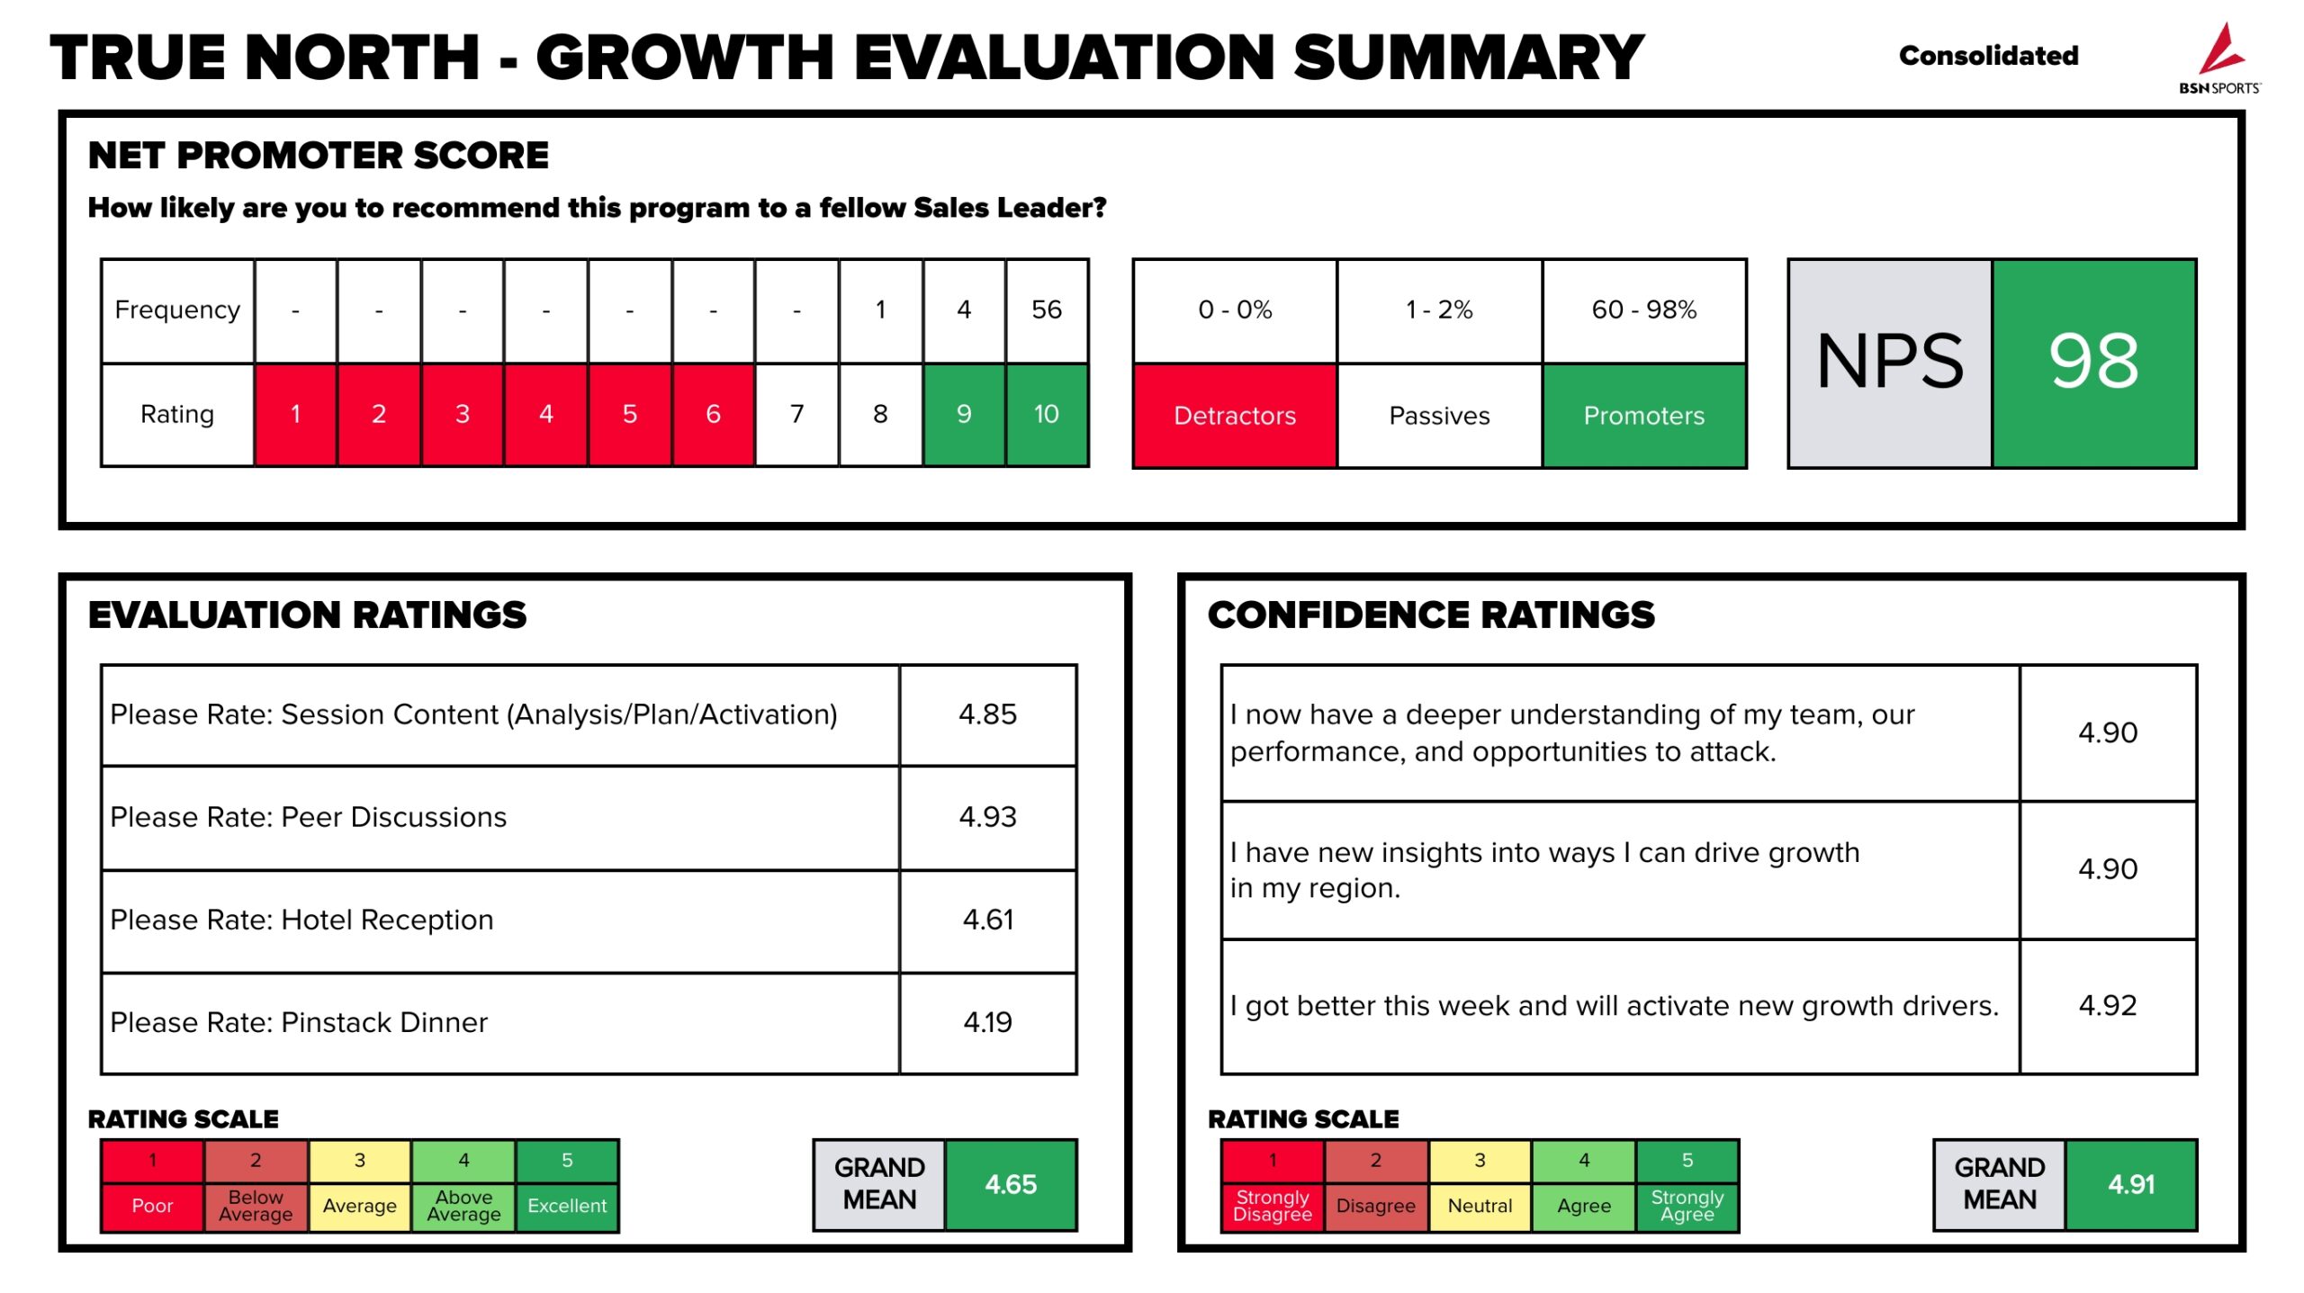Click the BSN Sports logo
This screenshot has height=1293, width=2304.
click(x=2219, y=58)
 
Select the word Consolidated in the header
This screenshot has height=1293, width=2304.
click(x=1988, y=56)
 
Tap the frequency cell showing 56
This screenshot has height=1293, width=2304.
click(x=1047, y=310)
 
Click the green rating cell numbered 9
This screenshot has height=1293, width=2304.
click(x=963, y=415)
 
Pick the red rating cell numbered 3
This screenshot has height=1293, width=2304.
click(x=462, y=415)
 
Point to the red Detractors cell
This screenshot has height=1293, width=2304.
click(x=1234, y=416)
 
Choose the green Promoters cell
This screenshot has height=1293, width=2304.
click(x=1643, y=416)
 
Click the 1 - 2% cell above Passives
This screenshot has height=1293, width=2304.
click(x=1438, y=310)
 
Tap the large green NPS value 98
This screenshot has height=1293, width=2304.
click(x=2093, y=363)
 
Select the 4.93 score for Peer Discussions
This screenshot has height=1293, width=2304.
click(x=987, y=817)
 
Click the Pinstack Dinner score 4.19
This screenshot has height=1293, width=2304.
click(x=987, y=1023)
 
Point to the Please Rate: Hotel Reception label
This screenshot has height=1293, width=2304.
click(x=301, y=920)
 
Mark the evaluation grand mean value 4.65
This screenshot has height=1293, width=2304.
click(x=1011, y=1185)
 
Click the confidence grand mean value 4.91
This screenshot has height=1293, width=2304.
click(x=2130, y=1185)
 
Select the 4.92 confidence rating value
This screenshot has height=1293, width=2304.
click(x=2107, y=1006)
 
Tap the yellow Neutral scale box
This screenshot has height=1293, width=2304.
click(x=1480, y=1206)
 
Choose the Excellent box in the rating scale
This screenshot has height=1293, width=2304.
click(x=567, y=1206)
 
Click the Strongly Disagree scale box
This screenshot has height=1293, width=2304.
click(x=1272, y=1206)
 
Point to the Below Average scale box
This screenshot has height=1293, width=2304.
click(x=256, y=1206)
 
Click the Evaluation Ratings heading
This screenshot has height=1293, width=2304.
click(x=307, y=615)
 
